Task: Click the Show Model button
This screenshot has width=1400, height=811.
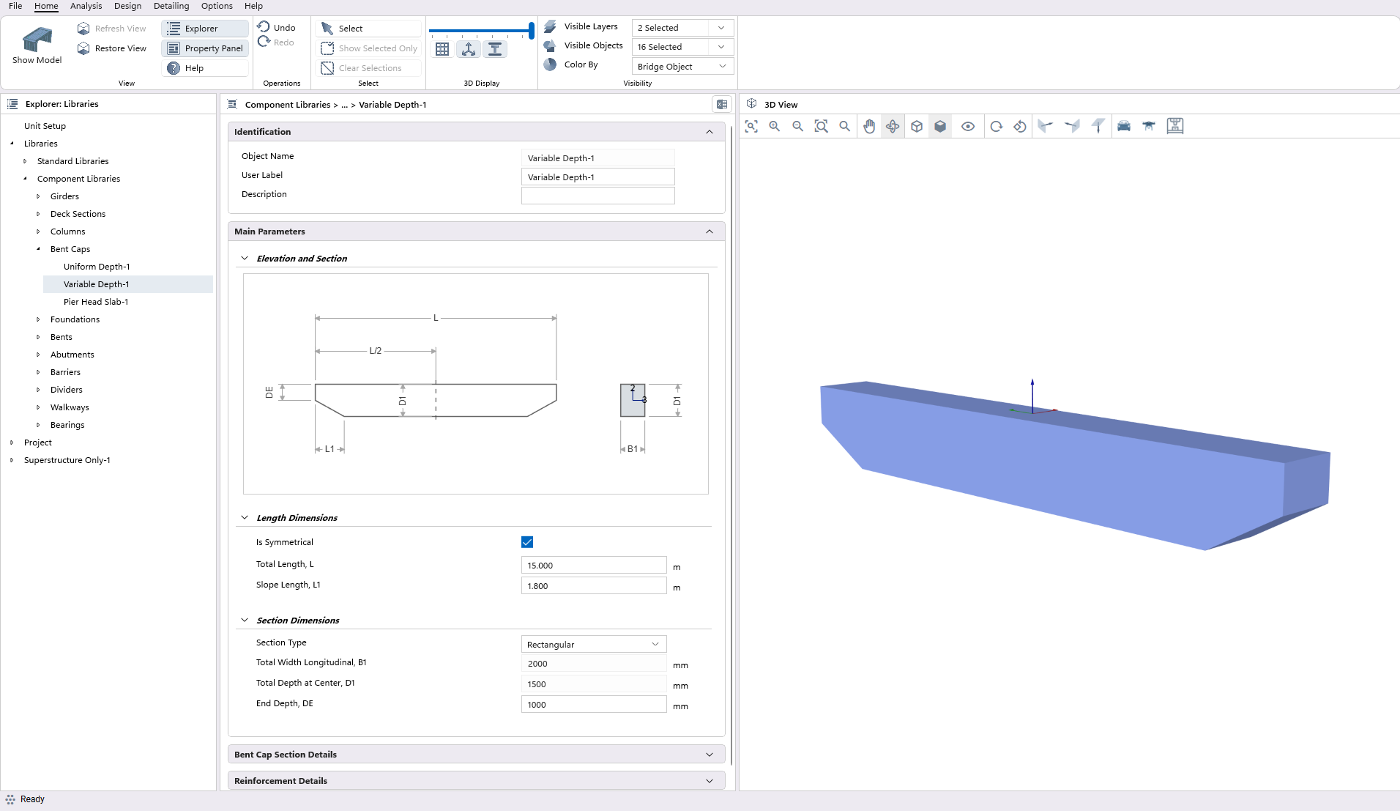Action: point(37,45)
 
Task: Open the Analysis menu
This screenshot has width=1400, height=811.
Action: point(86,6)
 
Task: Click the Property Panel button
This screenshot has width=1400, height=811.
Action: point(205,48)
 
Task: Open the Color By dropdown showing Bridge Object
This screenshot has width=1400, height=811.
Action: point(682,66)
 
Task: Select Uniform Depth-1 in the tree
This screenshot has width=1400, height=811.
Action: point(97,267)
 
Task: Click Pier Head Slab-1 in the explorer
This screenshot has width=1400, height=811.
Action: point(96,302)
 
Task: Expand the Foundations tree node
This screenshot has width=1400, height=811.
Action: point(38,319)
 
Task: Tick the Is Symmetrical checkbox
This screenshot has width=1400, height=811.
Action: point(527,542)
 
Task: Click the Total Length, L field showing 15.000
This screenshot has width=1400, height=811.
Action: point(593,566)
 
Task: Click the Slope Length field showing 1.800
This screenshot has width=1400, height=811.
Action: point(593,586)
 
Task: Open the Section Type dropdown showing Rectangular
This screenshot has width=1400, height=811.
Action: point(593,645)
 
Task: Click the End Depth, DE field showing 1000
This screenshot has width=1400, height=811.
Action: point(593,705)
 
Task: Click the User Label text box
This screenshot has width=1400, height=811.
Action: point(597,177)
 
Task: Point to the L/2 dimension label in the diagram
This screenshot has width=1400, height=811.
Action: point(375,351)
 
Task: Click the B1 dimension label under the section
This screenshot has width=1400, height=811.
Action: point(633,449)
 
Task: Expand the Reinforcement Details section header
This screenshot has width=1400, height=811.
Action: point(476,781)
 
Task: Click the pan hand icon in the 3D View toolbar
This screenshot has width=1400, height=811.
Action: point(869,126)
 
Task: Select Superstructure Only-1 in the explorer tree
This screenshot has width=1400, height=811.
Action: point(67,460)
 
